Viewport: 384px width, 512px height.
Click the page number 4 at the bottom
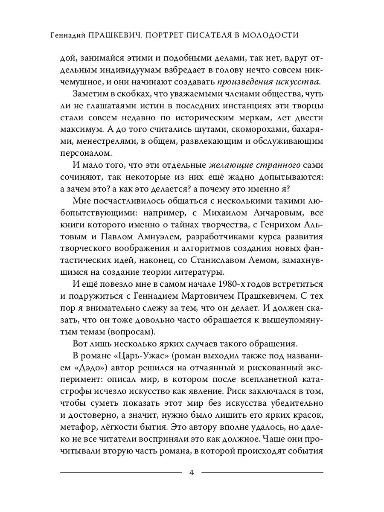pos(192,472)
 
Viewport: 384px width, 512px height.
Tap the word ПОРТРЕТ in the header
pos(167,35)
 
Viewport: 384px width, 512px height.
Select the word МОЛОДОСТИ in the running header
pos(271,35)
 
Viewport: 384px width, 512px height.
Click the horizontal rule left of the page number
pos(121,472)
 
